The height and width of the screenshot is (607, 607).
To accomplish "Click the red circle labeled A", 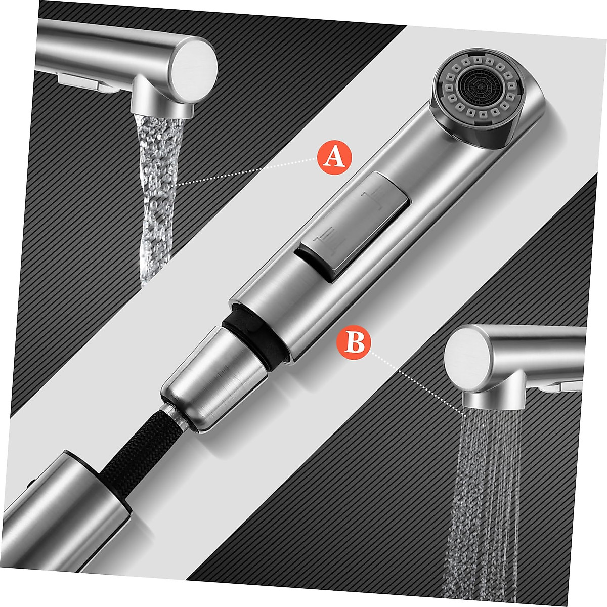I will click(x=334, y=157).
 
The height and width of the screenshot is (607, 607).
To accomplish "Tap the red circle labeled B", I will click(x=354, y=342).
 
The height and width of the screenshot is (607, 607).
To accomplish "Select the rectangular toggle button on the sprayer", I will click(x=354, y=226).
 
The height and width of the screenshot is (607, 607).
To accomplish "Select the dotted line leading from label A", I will click(x=248, y=172).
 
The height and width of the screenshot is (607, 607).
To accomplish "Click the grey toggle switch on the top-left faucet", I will click(x=83, y=81).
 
